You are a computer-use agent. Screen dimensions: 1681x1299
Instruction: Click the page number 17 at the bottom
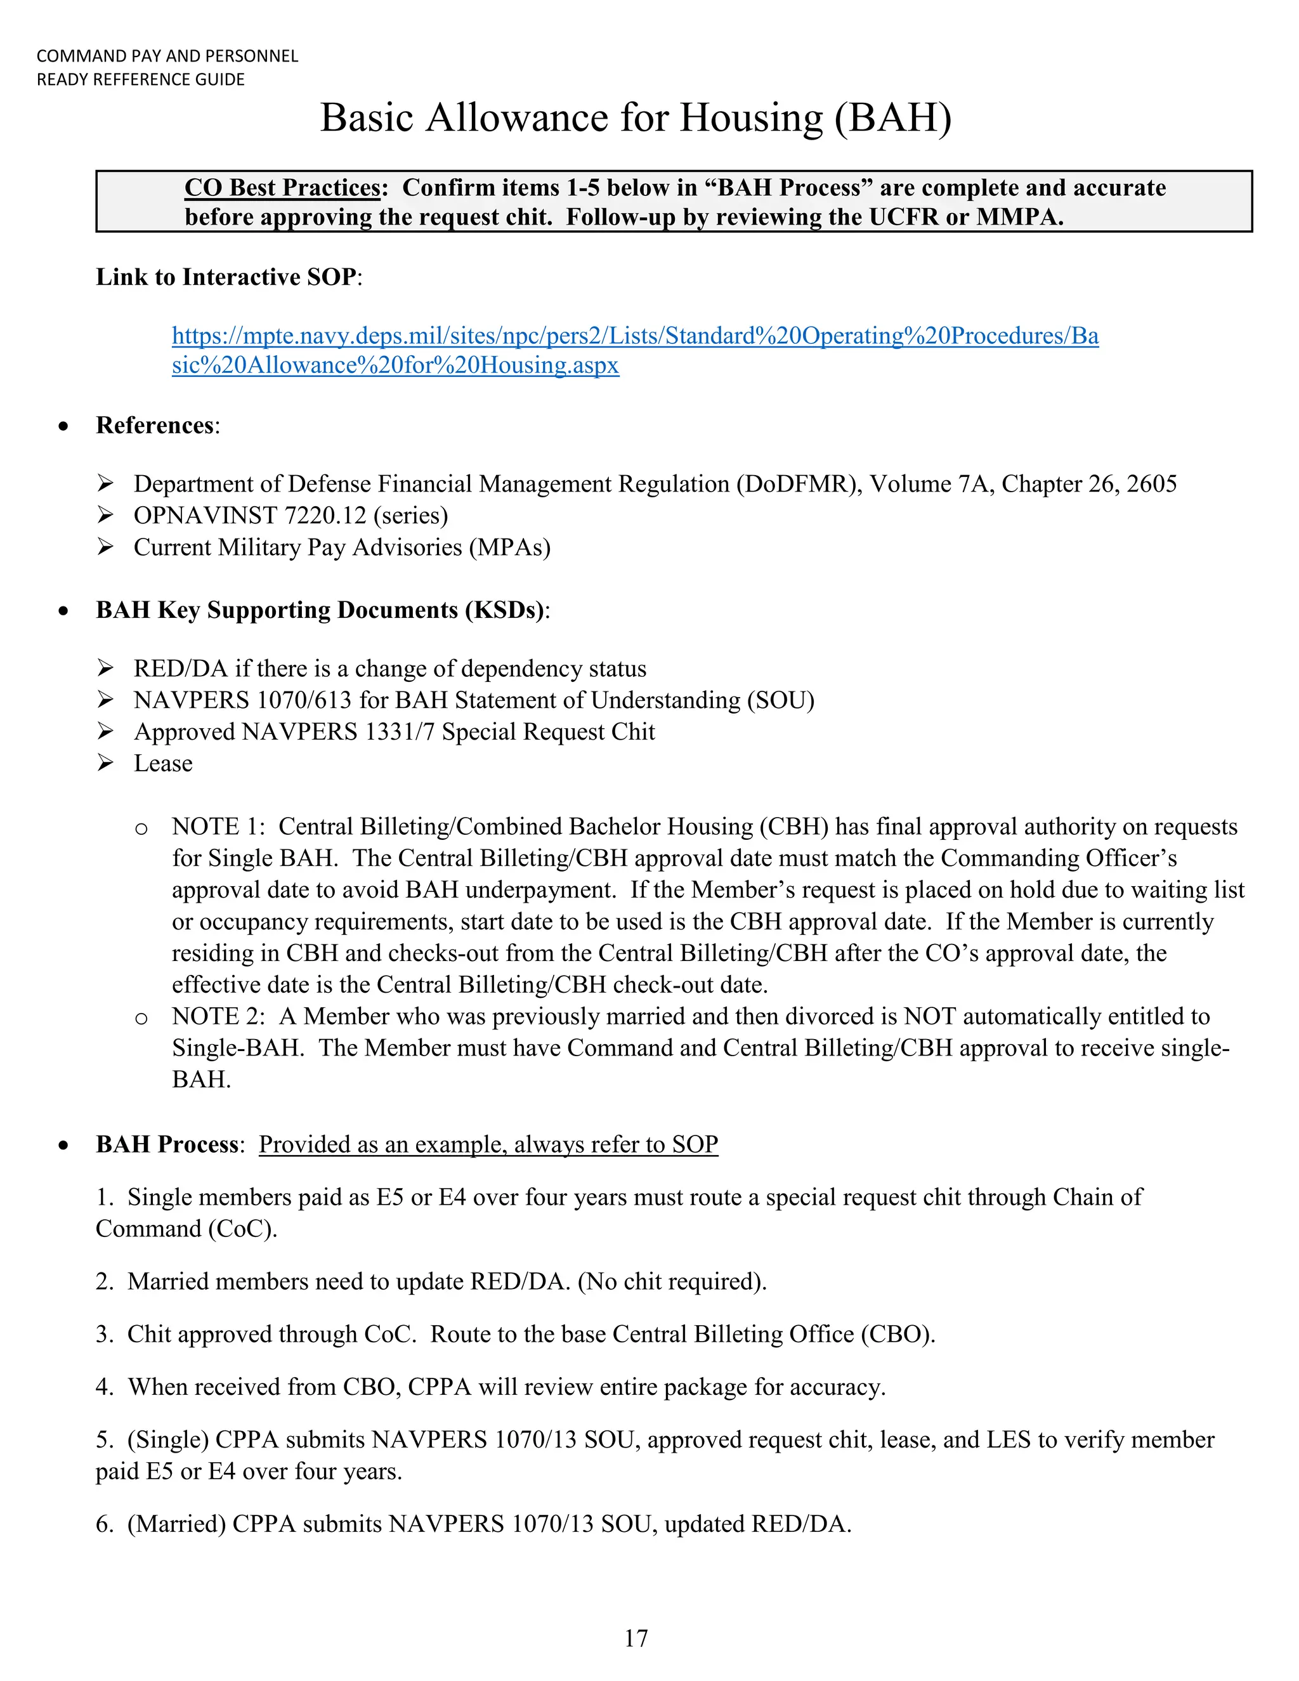pos(636,1638)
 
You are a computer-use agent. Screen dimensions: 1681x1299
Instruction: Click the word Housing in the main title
pos(751,119)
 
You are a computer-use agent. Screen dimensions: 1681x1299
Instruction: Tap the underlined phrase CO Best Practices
pos(282,188)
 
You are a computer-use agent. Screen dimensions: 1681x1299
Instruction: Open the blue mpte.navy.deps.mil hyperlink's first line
pos(635,336)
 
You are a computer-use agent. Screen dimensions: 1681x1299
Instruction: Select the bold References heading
pos(155,426)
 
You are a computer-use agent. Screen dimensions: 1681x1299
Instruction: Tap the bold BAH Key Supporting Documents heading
pos(320,610)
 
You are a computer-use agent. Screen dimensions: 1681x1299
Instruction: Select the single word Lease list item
pos(163,764)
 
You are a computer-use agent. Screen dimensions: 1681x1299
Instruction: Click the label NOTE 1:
pos(218,827)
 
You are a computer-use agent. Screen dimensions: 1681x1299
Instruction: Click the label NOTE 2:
pos(218,1017)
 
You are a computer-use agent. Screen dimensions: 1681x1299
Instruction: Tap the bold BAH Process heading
pos(167,1144)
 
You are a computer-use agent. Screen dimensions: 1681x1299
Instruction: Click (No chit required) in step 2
pos(672,1281)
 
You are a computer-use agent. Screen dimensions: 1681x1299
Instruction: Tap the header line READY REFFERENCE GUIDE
pos(141,79)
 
